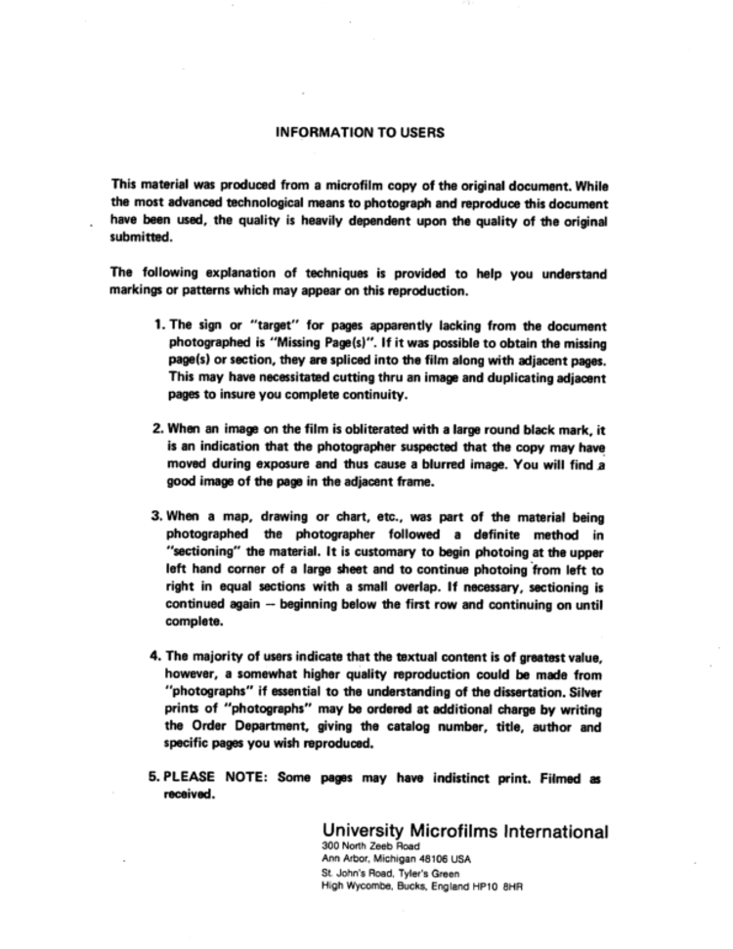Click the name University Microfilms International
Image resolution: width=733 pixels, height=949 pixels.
(x=464, y=832)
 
